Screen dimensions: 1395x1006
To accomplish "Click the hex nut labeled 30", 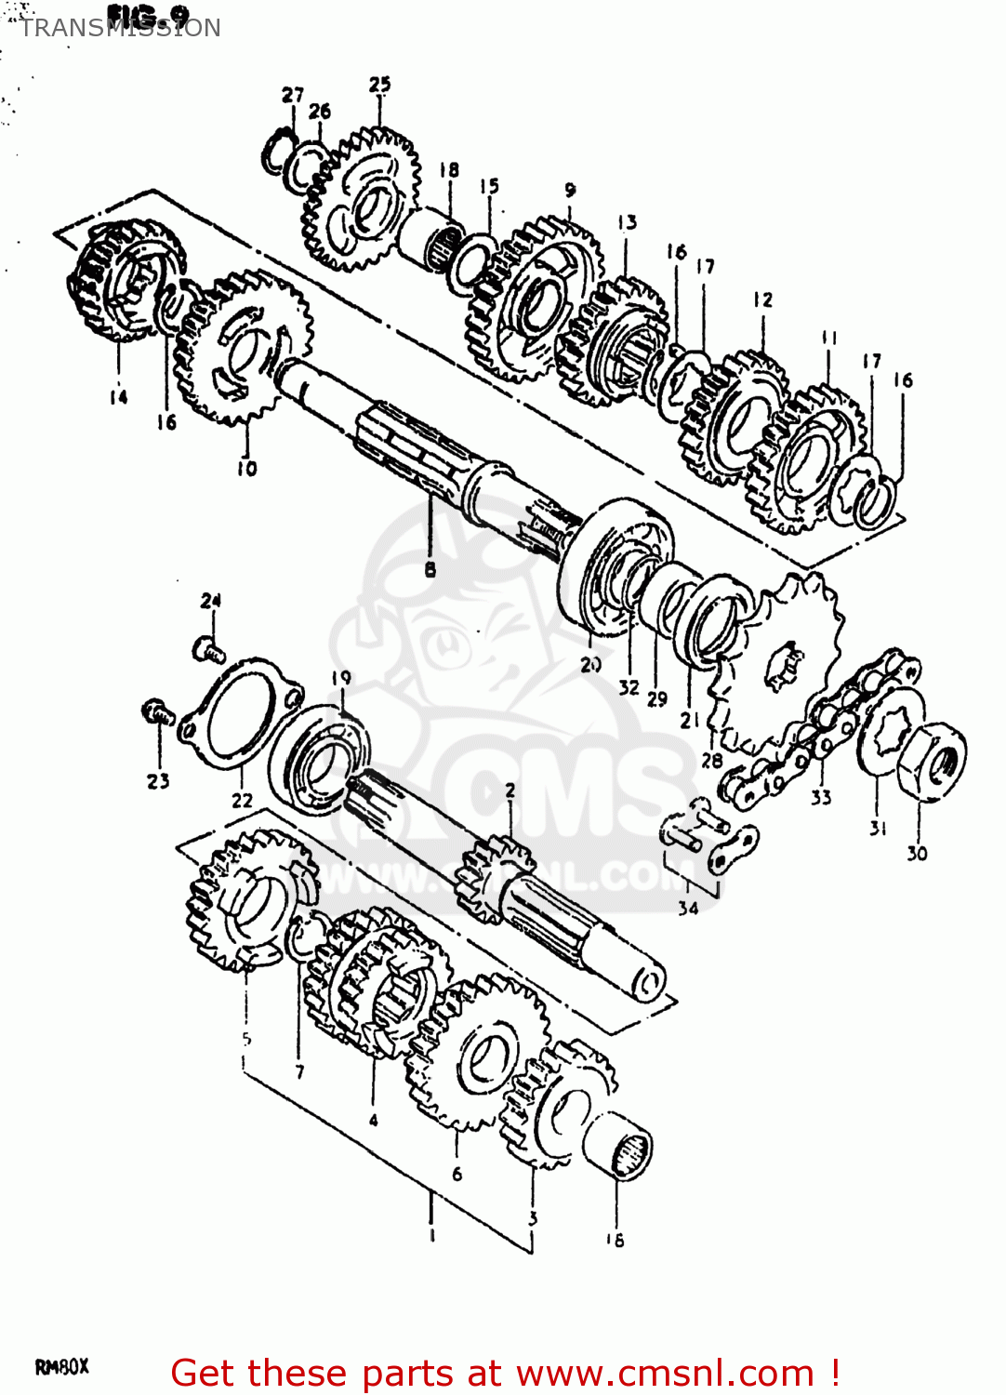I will pyautogui.click(x=933, y=761).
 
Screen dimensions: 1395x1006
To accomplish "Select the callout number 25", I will pyautogui.click(x=380, y=85).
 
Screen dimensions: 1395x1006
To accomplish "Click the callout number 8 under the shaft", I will pyautogui.click(x=430, y=568).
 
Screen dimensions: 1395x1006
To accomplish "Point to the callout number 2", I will pyautogui.click(x=510, y=790).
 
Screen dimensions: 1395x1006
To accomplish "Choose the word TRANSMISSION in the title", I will pyautogui.click(x=120, y=28).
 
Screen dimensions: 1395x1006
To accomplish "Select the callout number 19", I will pyautogui.click(x=341, y=678).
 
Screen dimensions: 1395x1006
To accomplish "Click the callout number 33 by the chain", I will pyautogui.click(x=821, y=797).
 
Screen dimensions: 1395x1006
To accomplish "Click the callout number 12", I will pyautogui.click(x=762, y=299).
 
